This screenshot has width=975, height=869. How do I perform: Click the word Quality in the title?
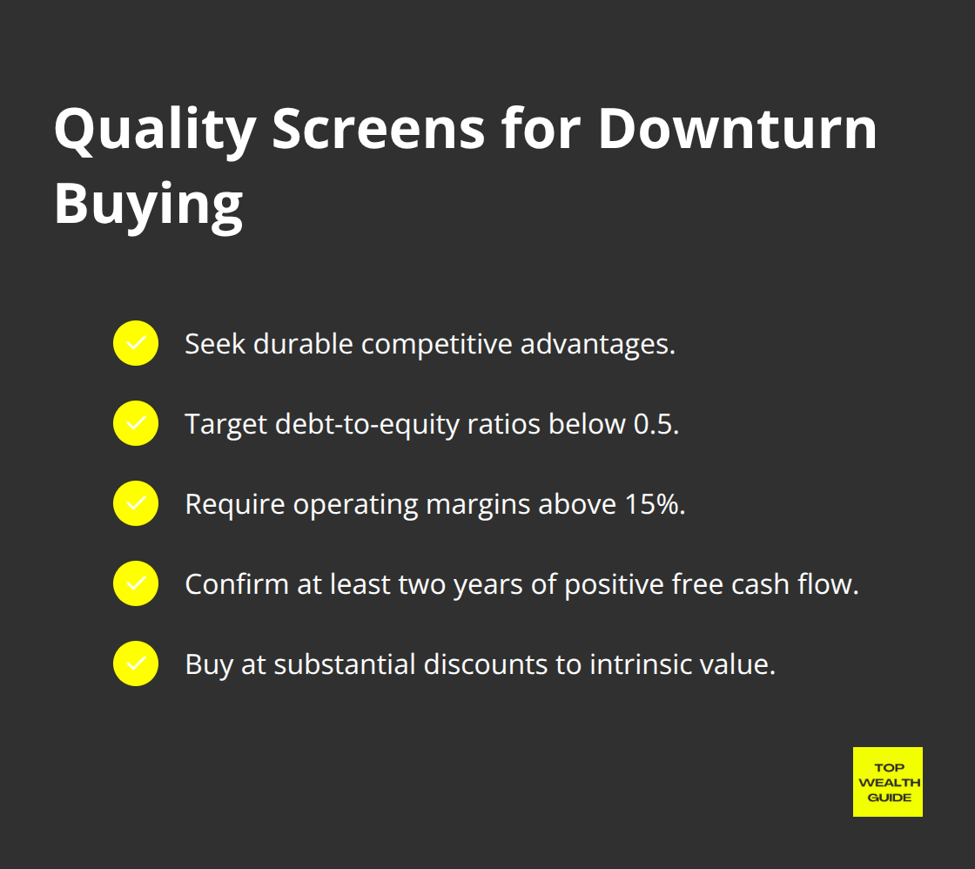click(153, 129)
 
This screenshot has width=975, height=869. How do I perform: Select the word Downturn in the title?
click(737, 129)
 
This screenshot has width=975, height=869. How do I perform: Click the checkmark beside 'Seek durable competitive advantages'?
click(136, 343)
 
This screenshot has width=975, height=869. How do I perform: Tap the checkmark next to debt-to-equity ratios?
click(136, 423)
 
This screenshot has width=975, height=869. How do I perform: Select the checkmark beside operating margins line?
click(136, 503)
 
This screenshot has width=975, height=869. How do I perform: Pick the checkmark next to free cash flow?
click(136, 583)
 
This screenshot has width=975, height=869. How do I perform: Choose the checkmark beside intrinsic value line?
click(136, 664)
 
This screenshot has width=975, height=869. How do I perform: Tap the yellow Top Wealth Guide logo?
click(887, 782)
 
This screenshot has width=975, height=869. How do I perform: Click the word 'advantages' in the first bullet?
click(598, 344)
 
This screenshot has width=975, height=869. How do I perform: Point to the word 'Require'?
click(235, 504)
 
